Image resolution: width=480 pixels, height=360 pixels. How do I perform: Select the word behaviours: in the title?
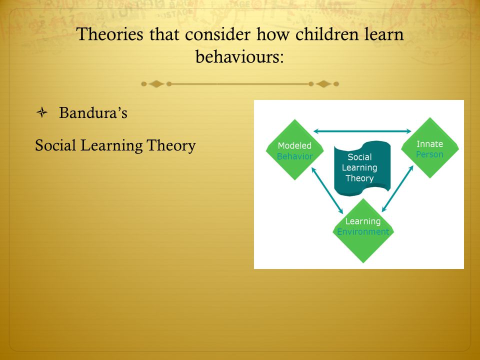pyautogui.click(x=239, y=56)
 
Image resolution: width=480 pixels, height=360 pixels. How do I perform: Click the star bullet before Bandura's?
pyautogui.click(x=42, y=112)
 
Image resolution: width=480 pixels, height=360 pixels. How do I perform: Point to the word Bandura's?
pyautogui.click(x=93, y=112)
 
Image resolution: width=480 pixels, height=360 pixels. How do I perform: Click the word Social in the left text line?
pyautogui.click(x=55, y=145)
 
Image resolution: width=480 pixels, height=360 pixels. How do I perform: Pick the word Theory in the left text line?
pyautogui.click(x=171, y=145)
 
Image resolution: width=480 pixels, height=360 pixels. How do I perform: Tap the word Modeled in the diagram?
pyautogui.click(x=294, y=145)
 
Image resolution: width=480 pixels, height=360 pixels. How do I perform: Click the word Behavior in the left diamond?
pyautogui.click(x=295, y=156)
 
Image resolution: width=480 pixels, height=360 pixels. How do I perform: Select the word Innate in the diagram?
pyautogui.click(x=430, y=144)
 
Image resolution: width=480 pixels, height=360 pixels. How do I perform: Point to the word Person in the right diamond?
pyautogui.click(x=429, y=154)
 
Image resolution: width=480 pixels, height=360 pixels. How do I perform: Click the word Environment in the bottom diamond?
pyautogui.click(x=363, y=231)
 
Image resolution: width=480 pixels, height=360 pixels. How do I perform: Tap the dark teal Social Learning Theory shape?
pyautogui.click(x=362, y=168)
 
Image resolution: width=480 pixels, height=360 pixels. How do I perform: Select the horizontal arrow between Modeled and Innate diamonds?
pyautogui.click(x=362, y=131)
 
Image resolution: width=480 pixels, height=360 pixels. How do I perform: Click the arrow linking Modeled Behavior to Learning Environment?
pyautogui.click(x=327, y=190)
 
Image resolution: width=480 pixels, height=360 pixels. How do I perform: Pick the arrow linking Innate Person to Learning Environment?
pyautogui.click(x=397, y=188)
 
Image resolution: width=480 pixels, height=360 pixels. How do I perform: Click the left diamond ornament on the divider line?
pyautogui.click(x=156, y=84)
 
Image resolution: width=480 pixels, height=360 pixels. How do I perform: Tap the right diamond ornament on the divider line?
pyautogui.click(x=323, y=84)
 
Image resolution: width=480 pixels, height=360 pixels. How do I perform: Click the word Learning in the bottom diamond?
pyautogui.click(x=363, y=221)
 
